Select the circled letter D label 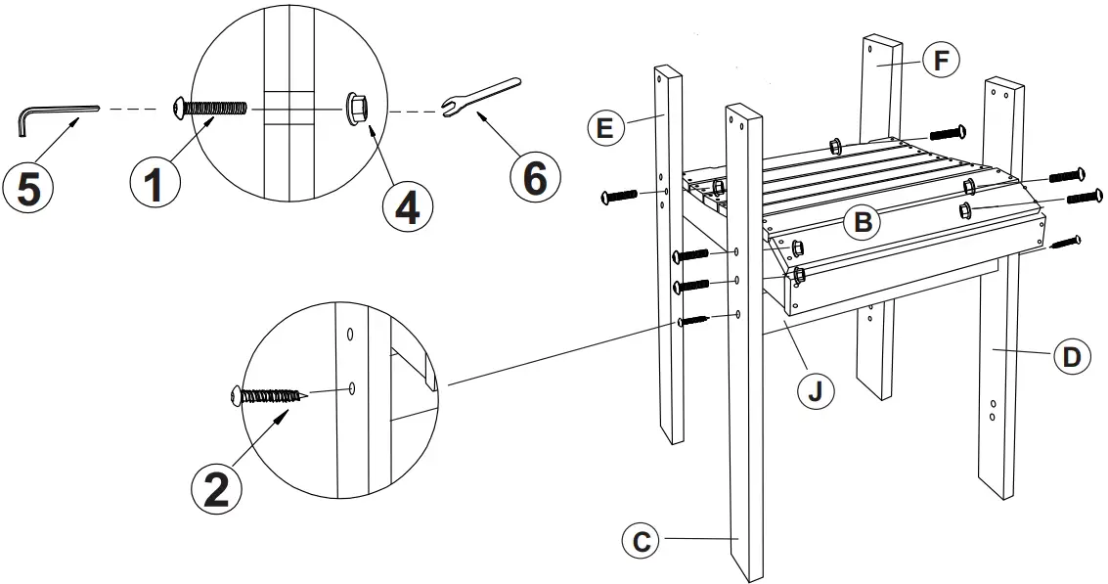(x=1072, y=357)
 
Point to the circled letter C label (x=642, y=540)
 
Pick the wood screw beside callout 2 (x=269, y=395)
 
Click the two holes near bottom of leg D (x=994, y=410)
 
